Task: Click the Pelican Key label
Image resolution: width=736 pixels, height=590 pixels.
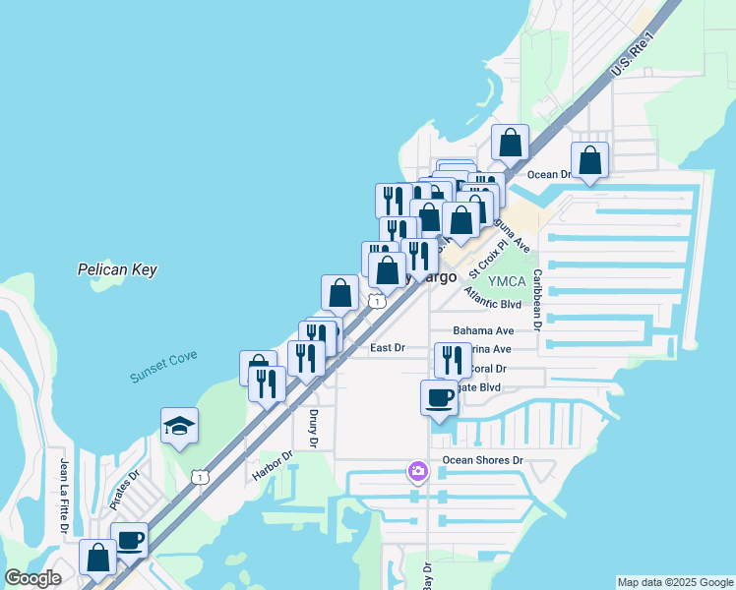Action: (x=117, y=269)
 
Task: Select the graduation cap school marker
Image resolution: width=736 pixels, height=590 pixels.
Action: (x=180, y=426)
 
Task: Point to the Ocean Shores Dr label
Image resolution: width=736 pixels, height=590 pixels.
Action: (x=481, y=460)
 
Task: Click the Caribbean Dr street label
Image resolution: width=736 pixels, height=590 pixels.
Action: (x=538, y=300)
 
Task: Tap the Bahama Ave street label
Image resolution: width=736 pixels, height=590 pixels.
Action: (x=483, y=331)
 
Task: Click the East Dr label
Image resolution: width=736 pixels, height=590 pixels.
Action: (x=388, y=348)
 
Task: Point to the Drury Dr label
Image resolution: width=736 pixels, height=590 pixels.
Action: (x=312, y=429)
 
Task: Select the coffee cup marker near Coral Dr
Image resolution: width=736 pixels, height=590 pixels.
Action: (x=439, y=398)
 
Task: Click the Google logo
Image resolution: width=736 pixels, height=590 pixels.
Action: (x=32, y=578)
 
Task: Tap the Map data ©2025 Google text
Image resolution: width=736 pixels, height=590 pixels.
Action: (x=674, y=582)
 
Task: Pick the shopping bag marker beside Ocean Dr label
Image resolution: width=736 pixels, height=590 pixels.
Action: (x=589, y=160)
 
